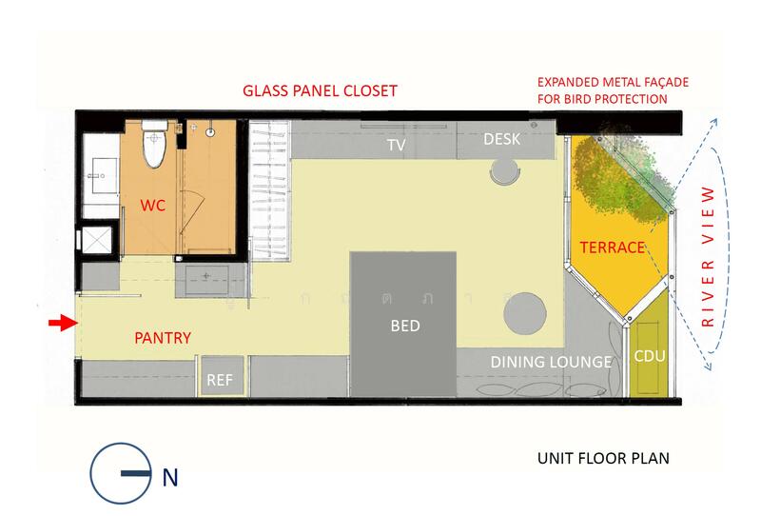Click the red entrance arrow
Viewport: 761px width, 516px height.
pos(63,323)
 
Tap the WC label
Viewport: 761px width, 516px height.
pos(153,206)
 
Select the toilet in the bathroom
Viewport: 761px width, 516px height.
pos(154,145)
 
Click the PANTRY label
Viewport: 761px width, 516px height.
pos(163,338)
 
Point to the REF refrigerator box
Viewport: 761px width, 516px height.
pos(222,376)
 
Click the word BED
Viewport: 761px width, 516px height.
pos(405,326)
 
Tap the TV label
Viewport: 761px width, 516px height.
pos(397,145)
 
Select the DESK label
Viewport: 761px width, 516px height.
pos(502,139)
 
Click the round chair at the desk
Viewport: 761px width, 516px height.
pos(505,171)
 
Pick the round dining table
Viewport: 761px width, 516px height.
pos(525,313)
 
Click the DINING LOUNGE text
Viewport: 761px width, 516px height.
pos(551,362)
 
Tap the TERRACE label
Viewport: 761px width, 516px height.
pos(613,248)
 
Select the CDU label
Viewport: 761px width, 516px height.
pos(650,356)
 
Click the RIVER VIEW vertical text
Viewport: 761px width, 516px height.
pos(709,256)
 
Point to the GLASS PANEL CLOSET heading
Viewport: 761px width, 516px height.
pos(320,90)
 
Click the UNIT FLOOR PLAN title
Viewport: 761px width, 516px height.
pos(603,458)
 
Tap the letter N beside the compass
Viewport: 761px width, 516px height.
pos(170,478)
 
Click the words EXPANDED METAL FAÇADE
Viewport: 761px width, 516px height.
pos(613,82)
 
